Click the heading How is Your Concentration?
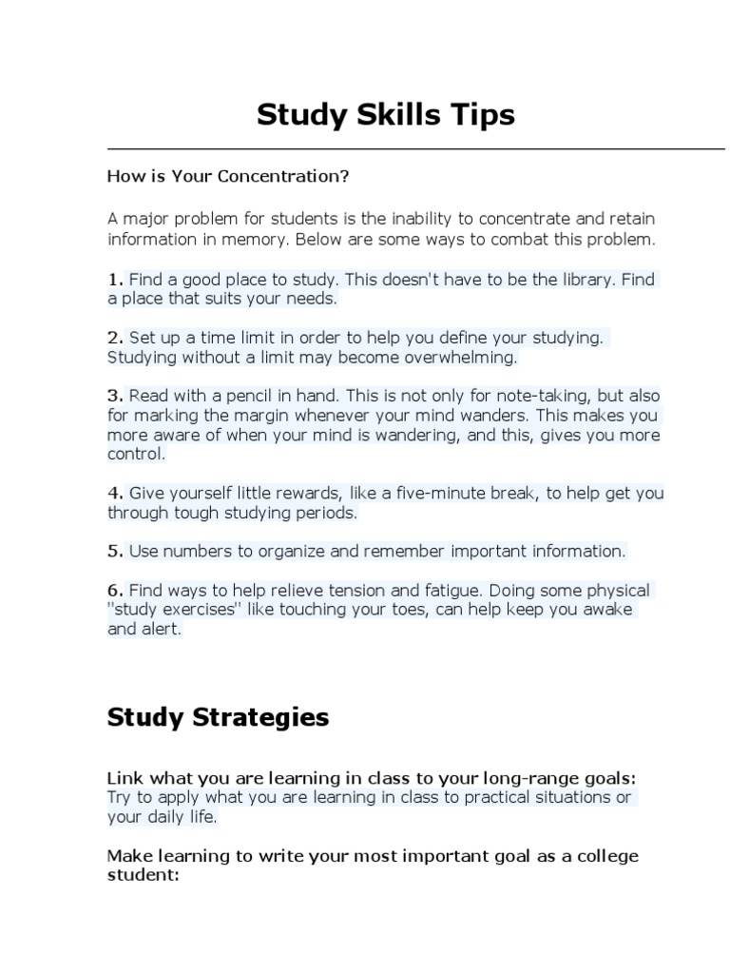coord(228,177)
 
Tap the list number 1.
coord(115,280)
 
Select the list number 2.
coord(115,338)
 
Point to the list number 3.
coord(115,396)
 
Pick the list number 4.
coord(115,493)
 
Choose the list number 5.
coord(115,551)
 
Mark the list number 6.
coord(115,591)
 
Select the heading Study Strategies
coord(218,717)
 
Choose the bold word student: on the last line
coord(143,874)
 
